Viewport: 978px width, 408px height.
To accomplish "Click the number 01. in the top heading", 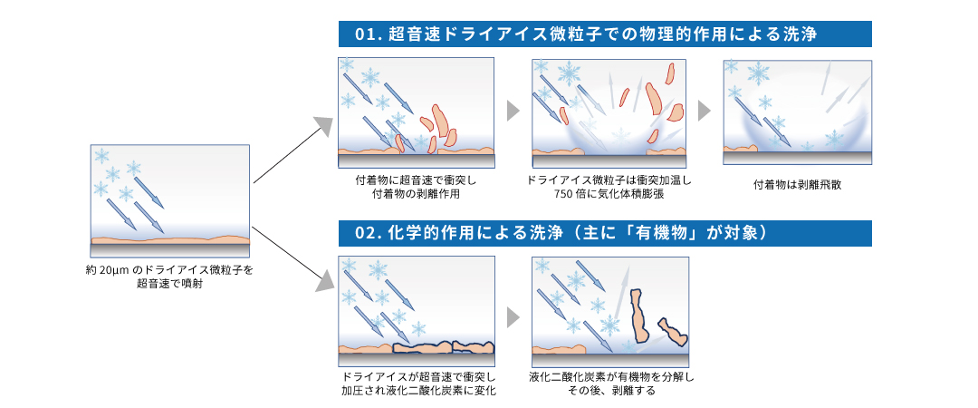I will click(368, 34).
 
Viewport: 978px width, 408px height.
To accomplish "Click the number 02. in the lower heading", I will click(368, 233).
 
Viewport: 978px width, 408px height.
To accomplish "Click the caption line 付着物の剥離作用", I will click(416, 193).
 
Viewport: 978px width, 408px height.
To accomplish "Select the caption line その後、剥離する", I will click(609, 391).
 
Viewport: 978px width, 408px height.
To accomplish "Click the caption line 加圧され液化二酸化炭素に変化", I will click(416, 391).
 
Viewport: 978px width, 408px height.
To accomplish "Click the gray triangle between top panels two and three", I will click(705, 111).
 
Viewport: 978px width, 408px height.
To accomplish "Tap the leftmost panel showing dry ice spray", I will click(169, 200).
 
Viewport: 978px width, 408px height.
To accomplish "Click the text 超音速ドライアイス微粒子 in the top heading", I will click(489, 34).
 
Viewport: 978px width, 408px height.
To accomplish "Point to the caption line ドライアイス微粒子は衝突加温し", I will click(609, 180).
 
